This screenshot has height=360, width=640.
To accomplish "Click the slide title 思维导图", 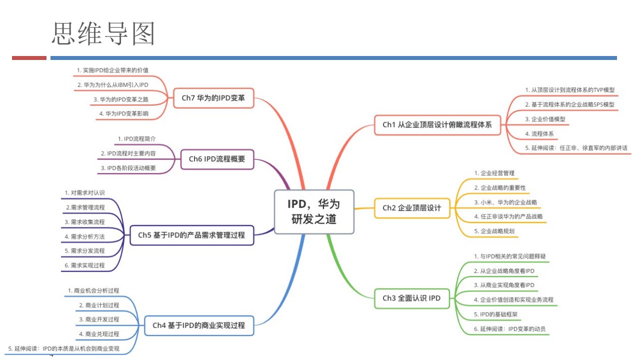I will (103, 33).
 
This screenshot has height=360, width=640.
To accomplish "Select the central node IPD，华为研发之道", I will (314, 211).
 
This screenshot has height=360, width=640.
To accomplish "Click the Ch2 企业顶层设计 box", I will (411, 208).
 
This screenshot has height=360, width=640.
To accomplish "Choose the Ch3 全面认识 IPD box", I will (411, 298).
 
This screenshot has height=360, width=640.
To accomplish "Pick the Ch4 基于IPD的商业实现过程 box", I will (198, 325).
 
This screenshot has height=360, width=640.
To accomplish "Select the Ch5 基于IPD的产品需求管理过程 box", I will (191, 235).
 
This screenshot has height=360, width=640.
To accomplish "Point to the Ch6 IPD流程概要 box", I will (216, 159).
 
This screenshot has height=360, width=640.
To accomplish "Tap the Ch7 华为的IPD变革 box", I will (213, 98).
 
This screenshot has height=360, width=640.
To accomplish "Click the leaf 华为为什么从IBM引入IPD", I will (113, 85).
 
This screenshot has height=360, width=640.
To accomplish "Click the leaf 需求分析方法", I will (84, 236).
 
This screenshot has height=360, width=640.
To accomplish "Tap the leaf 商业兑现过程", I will (99, 333).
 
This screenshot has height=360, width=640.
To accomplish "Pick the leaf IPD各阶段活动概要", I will (128, 168).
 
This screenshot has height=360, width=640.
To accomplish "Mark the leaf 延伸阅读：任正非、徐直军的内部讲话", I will (576, 148).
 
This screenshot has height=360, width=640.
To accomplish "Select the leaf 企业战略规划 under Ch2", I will (494, 231).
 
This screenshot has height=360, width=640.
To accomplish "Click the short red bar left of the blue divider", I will (29, 58).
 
